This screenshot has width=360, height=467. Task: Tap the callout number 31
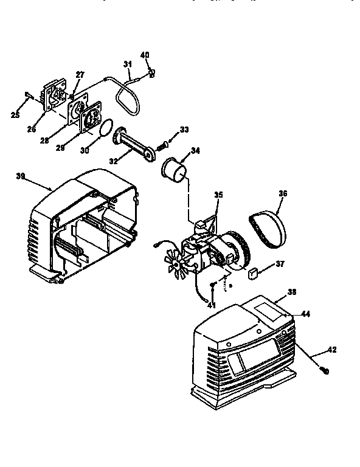pyautogui.click(x=127, y=64)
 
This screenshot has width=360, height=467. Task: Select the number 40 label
pyautogui.click(x=145, y=55)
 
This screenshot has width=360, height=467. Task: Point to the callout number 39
pyautogui.click(x=21, y=176)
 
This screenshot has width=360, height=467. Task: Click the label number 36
pyautogui.click(x=283, y=194)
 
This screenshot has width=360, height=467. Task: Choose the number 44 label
pyautogui.click(x=306, y=313)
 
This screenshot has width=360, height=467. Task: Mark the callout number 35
pyautogui.click(x=218, y=195)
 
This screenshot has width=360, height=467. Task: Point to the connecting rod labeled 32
pyautogui.click(x=134, y=146)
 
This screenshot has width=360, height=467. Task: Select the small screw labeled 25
pyautogui.click(x=29, y=94)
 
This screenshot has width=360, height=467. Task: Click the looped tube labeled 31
pyautogui.click(x=125, y=97)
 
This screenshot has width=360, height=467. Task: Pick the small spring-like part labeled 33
pyautogui.click(x=162, y=146)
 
